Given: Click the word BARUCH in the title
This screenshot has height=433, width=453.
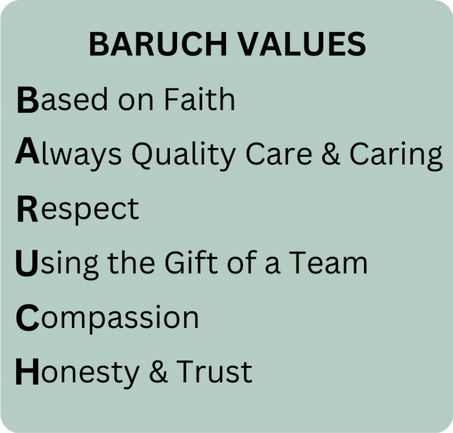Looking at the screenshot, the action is [158, 44].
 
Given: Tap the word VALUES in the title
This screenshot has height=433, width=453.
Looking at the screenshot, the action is [303, 44].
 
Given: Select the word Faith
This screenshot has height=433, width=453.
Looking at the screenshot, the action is [199, 99].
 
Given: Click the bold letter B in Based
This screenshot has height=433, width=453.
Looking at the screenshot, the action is [28, 100].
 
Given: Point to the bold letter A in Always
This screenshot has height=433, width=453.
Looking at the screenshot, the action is [28, 151].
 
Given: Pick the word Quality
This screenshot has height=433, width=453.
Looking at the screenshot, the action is [183, 156].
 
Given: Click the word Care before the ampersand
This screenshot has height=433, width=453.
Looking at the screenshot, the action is [279, 153].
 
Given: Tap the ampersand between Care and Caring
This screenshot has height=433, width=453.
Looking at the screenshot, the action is [331, 153].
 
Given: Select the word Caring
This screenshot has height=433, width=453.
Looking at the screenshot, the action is [396, 156].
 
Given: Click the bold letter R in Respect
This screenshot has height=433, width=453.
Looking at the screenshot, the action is [27, 209].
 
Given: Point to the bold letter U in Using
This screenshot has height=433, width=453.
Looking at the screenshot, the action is [27, 263].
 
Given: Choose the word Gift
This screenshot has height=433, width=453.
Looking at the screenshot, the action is [191, 262].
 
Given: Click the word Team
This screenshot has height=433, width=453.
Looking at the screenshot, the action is [329, 263].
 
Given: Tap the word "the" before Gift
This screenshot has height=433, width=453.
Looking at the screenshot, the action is [131, 263].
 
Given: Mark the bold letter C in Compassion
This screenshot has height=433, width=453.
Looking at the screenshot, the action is [28, 317].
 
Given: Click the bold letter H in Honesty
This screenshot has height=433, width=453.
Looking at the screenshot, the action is [27, 372].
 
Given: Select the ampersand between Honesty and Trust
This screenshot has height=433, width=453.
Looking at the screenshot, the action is [158, 372].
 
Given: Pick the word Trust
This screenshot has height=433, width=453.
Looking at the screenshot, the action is [215, 372].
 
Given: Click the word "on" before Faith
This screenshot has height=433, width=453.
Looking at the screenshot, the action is [136, 102].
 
